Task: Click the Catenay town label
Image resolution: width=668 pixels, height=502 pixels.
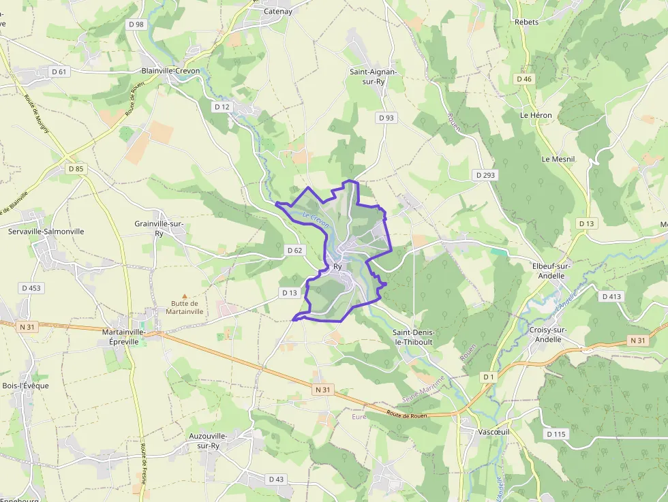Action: coord(277,11)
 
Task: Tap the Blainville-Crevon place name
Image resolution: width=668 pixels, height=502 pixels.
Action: coord(170,70)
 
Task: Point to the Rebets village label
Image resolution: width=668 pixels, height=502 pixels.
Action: coord(527,22)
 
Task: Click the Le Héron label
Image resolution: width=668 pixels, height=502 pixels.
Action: coord(536,115)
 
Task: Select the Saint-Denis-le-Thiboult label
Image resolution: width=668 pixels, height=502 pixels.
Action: coord(414,336)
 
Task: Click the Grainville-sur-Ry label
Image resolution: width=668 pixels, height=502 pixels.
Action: coord(160,228)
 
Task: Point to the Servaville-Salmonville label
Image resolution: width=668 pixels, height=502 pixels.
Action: coord(46,231)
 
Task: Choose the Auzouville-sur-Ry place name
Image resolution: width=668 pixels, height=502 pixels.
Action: coord(208,440)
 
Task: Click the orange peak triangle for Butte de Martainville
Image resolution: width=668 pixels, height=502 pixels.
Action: coord(183,296)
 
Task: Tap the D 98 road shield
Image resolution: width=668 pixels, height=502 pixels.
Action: coord(136,25)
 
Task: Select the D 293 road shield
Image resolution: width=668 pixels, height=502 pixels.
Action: coord(485,175)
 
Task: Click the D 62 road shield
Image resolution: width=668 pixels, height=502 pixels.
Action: coord(294,251)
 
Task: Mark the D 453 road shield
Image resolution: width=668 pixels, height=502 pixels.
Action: coord(31,288)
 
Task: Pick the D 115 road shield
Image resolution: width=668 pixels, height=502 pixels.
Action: coord(556,434)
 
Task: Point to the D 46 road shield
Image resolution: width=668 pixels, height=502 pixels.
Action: coord(523,79)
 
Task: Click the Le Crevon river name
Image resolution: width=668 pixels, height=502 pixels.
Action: coord(316,221)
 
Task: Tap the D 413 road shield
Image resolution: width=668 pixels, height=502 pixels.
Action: coord(611,296)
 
